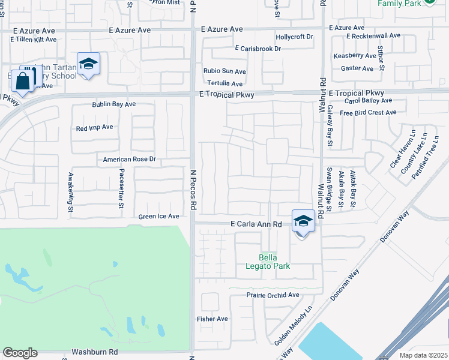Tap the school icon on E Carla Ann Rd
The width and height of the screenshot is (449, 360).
pos(303,221)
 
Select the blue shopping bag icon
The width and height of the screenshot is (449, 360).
pos(23,81)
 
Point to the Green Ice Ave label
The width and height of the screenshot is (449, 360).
pos(159,217)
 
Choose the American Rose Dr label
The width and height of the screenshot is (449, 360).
pos(129,160)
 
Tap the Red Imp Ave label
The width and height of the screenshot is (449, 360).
pos(94,127)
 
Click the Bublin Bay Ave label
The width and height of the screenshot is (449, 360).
pos(114,104)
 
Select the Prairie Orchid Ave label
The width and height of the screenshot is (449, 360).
pos(273,295)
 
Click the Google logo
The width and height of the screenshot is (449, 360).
pos(20,353)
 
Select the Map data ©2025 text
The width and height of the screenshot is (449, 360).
pos(424,355)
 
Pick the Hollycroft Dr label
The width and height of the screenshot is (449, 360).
pos(294,37)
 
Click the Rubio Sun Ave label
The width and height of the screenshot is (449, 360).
pos(224,71)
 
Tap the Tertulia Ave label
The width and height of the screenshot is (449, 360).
pos(224,84)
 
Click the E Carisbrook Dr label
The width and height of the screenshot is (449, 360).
pos(258,49)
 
